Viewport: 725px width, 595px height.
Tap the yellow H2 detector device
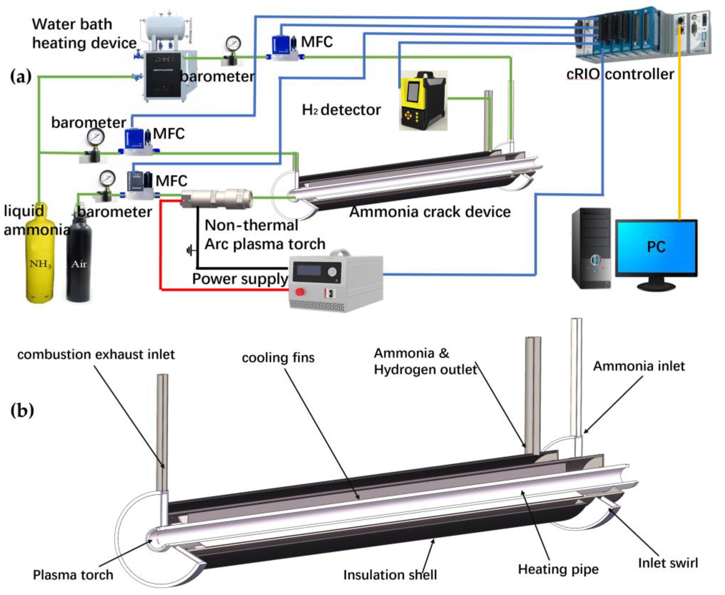point(423,101)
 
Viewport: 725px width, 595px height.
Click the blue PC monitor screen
point(656,247)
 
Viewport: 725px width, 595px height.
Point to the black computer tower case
point(591,248)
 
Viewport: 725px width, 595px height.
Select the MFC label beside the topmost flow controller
point(317,42)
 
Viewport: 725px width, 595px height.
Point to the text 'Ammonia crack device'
point(430,212)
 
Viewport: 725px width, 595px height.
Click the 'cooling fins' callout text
point(278,358)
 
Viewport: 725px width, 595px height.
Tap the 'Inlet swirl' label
point(668,563)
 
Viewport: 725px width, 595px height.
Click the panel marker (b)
point(22,410)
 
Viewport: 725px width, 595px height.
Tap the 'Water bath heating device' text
point(84,34)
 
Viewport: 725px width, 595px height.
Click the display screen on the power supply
point(309,270)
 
